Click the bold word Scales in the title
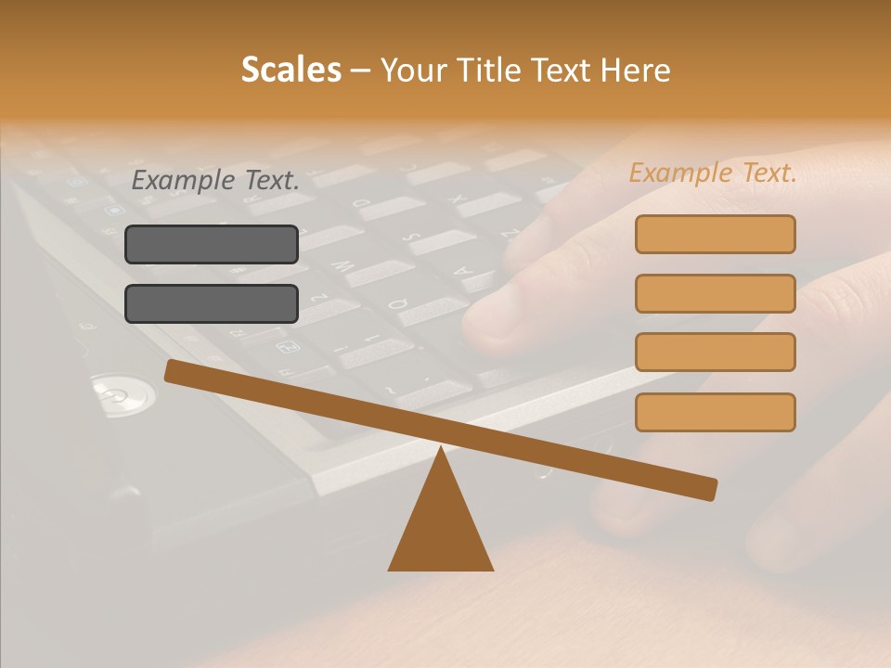[291, 70]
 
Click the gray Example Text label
[215, 180]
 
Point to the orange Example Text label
[713, 173]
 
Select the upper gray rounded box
[212, 244]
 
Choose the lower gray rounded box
[212, 303]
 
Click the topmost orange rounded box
[715, 234]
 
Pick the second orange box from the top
[715, 293]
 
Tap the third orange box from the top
[715, 353]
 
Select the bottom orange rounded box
[715, 412]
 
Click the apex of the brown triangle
[441, 450]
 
